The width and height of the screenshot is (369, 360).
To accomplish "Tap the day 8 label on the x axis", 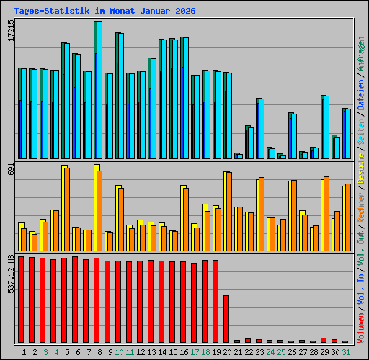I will point(97,351).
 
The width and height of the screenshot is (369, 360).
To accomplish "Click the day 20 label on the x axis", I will point(226,351).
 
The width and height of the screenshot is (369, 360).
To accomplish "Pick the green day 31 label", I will point(345,351).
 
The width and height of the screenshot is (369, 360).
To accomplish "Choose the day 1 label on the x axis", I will point(25,351).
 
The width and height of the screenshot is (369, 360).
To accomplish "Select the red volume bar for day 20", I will point(226,318).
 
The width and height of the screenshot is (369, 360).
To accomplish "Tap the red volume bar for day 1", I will point(22,299).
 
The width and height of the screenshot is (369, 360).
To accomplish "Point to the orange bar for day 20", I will point(228,212).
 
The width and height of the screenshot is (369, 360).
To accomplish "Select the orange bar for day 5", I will point(66,210).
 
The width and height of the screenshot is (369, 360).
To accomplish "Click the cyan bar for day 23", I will point(260,129).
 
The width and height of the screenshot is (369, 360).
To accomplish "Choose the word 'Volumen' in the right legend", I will point(360,325).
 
